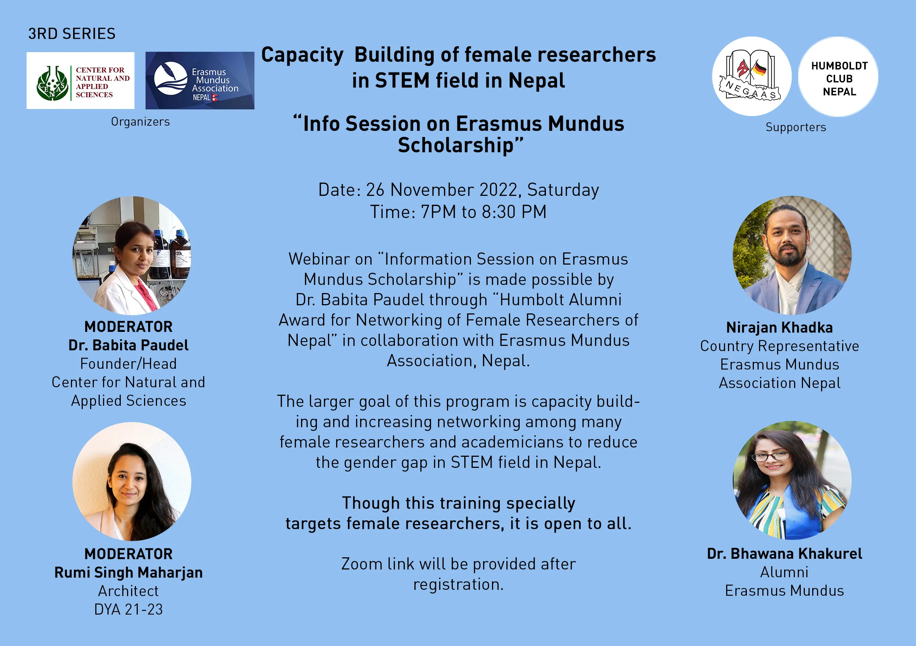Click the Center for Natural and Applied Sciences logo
click(x=80, y=80)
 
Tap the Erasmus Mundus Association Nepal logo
click(x=200, y=80)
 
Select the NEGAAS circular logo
click(x=752, y=76)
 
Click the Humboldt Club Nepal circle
click(x=838, y=76)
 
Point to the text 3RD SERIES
click(x=72, y=34)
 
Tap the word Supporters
click(x=796, y=127)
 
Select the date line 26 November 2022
click(x=458, y=190)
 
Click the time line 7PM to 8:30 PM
click(x=458, y=212)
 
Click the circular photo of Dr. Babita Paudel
click(x=131, y=255)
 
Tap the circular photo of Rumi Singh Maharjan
click(x=131, y=482)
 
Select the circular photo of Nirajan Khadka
click(x=792, y=255)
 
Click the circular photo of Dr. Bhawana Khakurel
click(x=792, y=480)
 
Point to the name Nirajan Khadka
click(x=780, y=328)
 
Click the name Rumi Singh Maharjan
click(x=129, y=573)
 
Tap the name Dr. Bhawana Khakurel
click(x=785, y=554)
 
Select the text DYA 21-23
click(x=129, y=610)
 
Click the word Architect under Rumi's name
click(x=129, y=591)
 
